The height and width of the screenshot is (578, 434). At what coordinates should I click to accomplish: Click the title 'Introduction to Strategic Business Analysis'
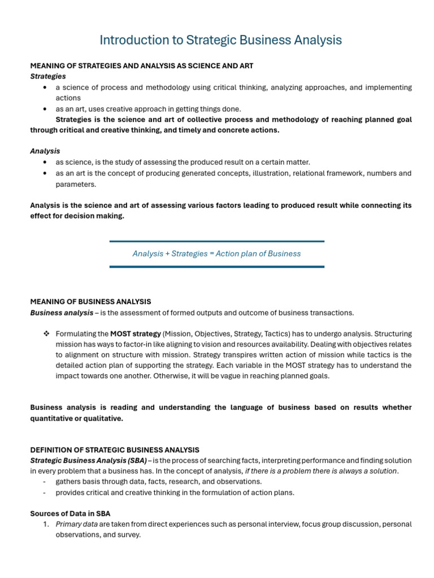coord(220,40)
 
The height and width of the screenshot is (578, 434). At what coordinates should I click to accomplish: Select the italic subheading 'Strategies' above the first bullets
coord(48,76)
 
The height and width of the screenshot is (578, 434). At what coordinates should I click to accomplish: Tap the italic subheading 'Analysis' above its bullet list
coord(45,151)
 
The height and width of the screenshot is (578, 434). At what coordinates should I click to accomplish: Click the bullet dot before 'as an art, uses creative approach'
coord(45,109)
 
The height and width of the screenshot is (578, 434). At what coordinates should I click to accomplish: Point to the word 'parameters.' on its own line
coord(76,184)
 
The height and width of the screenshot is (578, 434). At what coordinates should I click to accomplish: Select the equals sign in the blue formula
coord(212,254)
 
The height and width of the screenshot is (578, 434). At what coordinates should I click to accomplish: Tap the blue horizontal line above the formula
coord(217,242)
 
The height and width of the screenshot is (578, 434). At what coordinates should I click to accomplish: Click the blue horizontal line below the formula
coord(217,266)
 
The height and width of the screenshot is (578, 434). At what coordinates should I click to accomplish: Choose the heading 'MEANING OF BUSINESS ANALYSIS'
coord(90,302)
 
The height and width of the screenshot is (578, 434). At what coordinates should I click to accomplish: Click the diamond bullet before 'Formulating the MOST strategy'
coord(46,334)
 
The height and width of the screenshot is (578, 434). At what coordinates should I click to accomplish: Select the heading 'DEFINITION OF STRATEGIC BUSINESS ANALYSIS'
coord(115,450)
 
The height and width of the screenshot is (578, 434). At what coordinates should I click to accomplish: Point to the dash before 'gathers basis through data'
coord(45,481)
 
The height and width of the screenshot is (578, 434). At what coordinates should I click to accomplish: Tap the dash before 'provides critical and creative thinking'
coord(45,492)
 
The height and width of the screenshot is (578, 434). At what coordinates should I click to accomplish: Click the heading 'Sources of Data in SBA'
coord(70,513)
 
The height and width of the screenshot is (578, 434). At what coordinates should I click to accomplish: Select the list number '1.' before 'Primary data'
coord(46,524)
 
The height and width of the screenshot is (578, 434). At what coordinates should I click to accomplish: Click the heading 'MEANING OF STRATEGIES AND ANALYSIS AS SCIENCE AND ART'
coord(142,66)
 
